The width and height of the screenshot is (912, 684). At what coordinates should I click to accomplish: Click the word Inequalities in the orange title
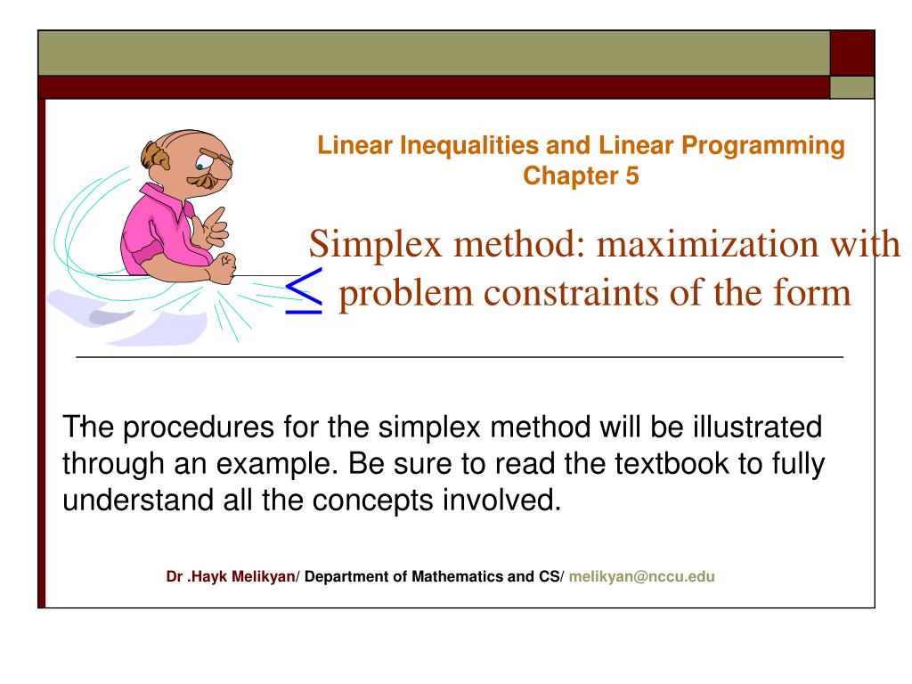click(468, 145)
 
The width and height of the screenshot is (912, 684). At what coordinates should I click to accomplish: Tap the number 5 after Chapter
click(631, 175)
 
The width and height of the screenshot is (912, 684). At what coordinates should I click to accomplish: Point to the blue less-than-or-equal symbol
click(304, 291)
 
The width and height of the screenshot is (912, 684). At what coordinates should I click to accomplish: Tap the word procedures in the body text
click(199, 428)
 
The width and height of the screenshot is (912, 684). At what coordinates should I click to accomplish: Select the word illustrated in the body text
click(757, 427)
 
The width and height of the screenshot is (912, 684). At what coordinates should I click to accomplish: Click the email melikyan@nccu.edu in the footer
click(641, 576)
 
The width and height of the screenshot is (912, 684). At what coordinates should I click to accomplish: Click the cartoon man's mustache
click(204, 180)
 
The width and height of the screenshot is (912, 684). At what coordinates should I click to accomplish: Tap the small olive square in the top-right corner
click(852, 87)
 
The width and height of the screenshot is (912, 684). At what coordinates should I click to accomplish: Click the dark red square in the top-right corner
click(852, 53)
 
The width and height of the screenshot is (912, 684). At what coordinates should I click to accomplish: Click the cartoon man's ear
click(155, 155)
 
